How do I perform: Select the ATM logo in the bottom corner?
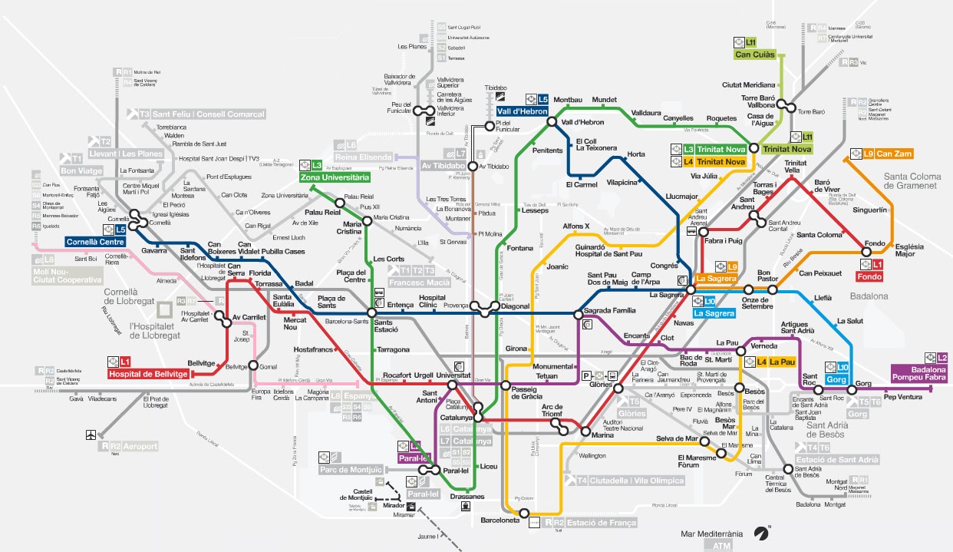pos(722,546)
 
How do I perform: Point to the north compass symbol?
pos(763,531)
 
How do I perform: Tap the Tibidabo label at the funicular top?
pos(496,88)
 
